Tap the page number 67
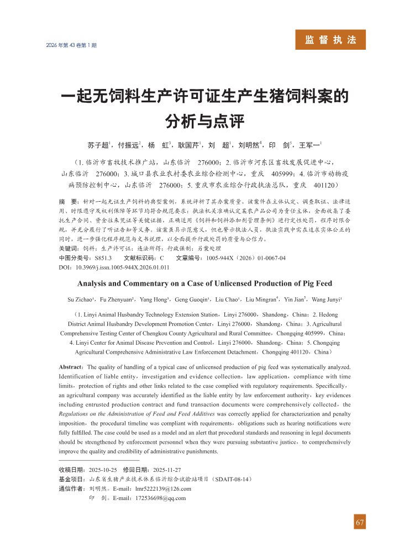(x=360, y=523)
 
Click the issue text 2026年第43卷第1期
(x=72, y=45)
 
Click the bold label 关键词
(x=68, y=249)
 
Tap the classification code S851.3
(x=102, y=257)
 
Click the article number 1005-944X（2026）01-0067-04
(x=246, y=257)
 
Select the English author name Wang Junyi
(x=326, y=299)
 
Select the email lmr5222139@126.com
(x=163, y=488)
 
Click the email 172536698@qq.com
(x=160, y=498)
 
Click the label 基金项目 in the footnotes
(x=71, y=479)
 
